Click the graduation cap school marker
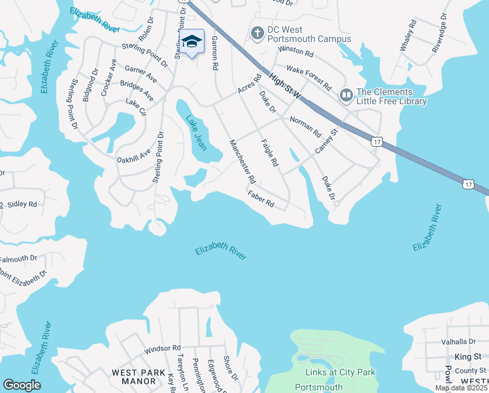coord(191,42)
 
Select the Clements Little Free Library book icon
coord(346,96)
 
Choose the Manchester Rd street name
coord(241,161)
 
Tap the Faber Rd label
coord(260,198)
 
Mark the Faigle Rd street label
coord(269,152)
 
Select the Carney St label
coord(326,141)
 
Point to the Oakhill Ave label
coord(133,156)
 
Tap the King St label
coord(467,356)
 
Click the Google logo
coord(22,385)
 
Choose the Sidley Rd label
coord(22,204)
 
